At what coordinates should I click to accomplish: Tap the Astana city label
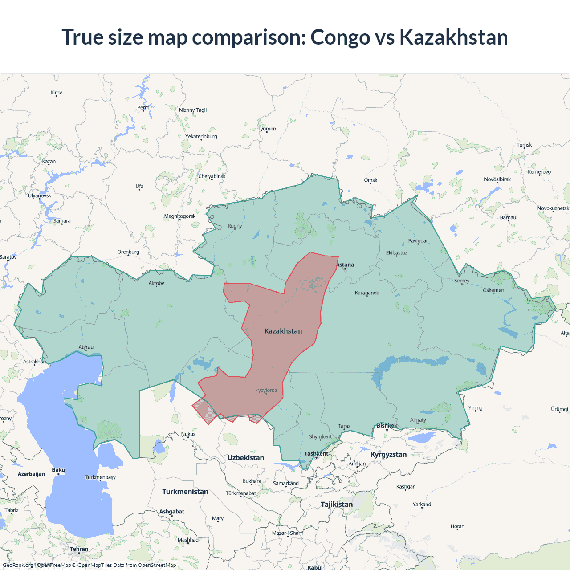[x=345, y=265]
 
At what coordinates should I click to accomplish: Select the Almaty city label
[x=418, y=420]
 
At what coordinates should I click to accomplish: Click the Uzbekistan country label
[x=245, y=458]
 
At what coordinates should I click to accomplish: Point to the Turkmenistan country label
[x=185, y=492]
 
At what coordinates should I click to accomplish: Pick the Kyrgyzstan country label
[x=388, y=455]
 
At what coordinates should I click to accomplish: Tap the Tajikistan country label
[x=337, y=505]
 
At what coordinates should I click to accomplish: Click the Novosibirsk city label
[x=497, y=179]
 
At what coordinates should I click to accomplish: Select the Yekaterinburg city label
[x=201, y=137]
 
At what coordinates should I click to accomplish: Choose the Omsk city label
[x=370, y=180]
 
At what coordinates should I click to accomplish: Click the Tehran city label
[x=79, y=549]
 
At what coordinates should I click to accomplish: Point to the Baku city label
[x=58, y=470]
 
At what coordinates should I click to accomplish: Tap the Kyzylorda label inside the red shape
[x=266, y=391]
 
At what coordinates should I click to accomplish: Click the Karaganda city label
[x=367, y=293]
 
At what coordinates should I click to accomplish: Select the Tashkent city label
[x=316, y=454]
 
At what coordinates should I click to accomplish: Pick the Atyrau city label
[x=86, y=347]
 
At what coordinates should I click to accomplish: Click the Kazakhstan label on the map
[x=283, y=331]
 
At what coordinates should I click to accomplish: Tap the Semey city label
[x=462, y=281]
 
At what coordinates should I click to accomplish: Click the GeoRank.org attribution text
[x=18, y=565]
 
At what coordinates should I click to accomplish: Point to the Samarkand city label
[x=285, y=484]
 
